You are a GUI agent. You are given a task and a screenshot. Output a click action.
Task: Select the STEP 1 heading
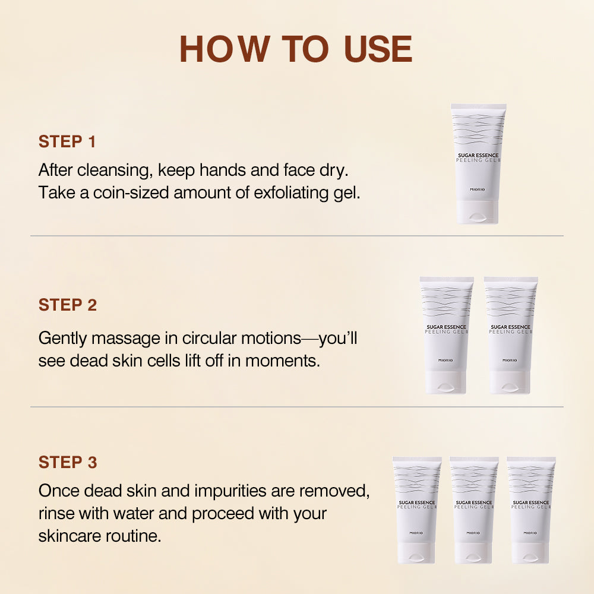pyautogui.click(x=67, y=141)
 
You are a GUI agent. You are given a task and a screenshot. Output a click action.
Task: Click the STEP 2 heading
pyautogui.click(x=67, y=305)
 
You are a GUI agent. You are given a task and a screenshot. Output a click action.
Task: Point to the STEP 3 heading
pyautogui.click(x=67, y=462)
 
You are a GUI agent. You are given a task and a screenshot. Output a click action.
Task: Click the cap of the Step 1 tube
pyautogui.click(x=478, y=212)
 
